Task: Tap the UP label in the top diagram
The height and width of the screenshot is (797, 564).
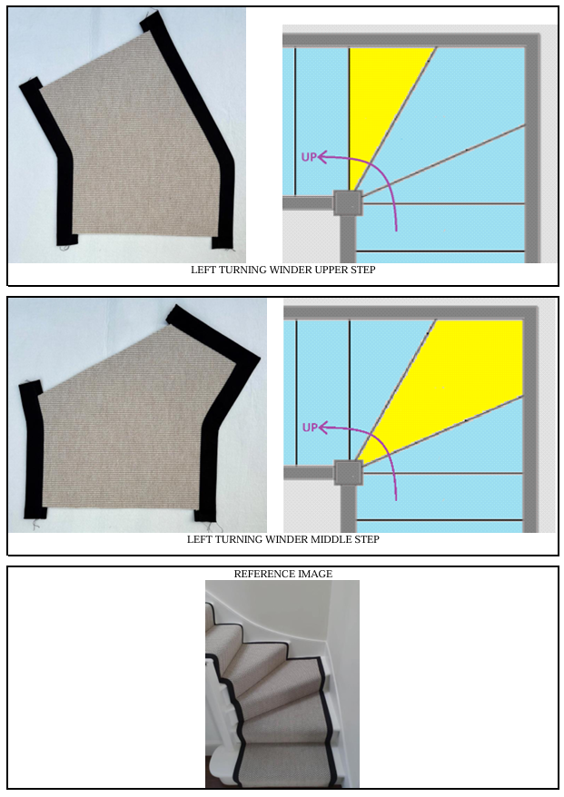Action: [x=309, y=157]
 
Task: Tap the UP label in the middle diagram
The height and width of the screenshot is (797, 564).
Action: [x=310, y=428]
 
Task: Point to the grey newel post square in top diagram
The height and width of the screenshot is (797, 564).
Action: [x=348, y=203]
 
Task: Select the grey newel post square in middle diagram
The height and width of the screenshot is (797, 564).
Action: [x=349, y=473]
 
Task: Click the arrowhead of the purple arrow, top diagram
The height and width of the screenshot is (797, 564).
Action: [x=322, y=158]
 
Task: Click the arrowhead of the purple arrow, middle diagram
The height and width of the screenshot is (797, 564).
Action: [x=322, y=428]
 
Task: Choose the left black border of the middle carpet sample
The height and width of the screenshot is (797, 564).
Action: [x=32, y=448]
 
